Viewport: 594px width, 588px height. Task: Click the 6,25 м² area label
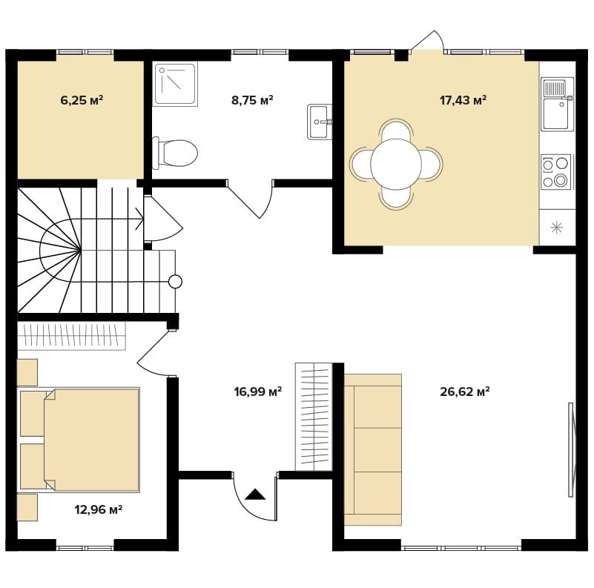[x=82, y=100]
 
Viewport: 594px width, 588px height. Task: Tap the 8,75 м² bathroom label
[x=252, y=100]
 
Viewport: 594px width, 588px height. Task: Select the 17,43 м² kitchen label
[x=463, y=100]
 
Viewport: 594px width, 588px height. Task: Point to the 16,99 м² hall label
[x=257, y=392]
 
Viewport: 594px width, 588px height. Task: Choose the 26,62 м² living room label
[x=465, y=392]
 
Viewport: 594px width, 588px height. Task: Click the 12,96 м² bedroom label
[x=98, y=509]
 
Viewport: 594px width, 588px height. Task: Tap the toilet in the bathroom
[x=175, y=153]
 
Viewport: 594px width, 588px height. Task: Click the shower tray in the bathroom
[x=176, y=84]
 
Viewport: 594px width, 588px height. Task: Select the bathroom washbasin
[x=320, y=122]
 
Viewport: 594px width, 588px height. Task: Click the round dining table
[x=396, y=164]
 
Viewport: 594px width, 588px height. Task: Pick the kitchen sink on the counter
[x=557, y=105]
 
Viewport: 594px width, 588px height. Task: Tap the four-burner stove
[x=555, y=172]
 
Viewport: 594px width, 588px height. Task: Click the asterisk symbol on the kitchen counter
[x=556, y=228]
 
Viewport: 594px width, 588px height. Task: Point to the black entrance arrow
[x=255, y=495]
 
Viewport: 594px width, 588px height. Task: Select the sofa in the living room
[x=373, y=450]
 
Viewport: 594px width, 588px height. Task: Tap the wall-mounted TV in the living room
[x=572, y=450]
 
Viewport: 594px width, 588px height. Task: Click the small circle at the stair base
[x=175, y=282]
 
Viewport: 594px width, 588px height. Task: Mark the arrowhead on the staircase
[x=139, y=219]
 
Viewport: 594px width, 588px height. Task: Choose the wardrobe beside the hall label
[x=314, y=417]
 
